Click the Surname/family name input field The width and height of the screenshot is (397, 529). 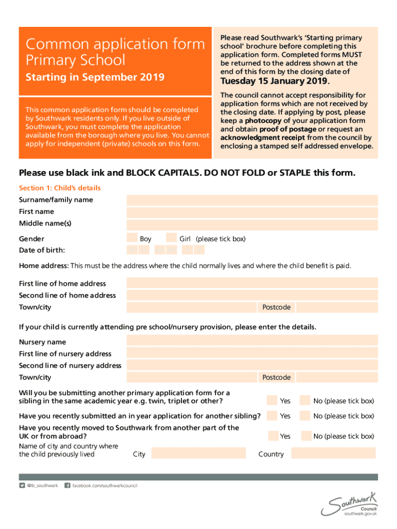coord(252,200)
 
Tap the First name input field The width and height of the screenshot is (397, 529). coord(252,212)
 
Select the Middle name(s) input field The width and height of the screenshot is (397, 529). coord(252,224)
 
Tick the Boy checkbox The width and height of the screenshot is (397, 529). coord(132,238)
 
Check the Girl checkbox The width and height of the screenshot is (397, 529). coord(171,238)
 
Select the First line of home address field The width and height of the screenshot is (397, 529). coord(252,283)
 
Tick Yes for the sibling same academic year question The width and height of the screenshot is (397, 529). coord(272,400)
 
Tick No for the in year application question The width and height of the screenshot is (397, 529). coord(305,415)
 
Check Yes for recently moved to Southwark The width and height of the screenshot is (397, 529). coord(272,435)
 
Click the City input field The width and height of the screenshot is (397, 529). coord(201,454)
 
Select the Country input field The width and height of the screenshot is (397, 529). coord(333,453)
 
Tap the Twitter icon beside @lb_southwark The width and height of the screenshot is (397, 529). coord(22,486)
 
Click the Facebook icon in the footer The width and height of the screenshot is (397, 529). coord(67,486)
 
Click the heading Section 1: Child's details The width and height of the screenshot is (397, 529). coord(60,188)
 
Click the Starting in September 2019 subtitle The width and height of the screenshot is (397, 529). coord(95,77)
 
